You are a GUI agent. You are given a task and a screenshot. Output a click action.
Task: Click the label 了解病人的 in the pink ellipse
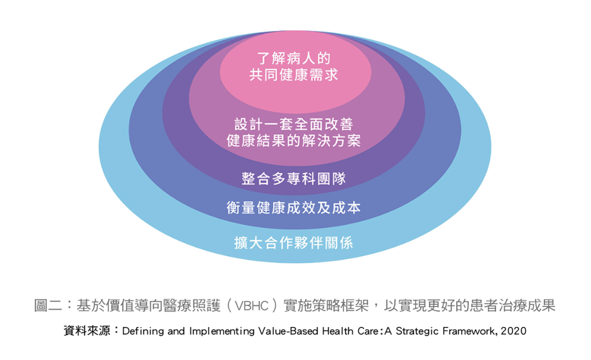click(x=294, y=58)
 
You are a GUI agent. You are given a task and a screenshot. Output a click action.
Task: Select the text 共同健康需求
click(x=294, y=75)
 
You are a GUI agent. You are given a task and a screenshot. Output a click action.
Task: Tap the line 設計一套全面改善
click(x=294, y=124)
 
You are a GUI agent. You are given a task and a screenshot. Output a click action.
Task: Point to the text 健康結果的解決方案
click(x=294, y=140)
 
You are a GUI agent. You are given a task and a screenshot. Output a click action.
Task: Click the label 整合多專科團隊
click(x=294, y=179)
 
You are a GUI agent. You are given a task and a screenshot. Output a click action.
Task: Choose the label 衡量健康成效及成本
click(x=294, y=207)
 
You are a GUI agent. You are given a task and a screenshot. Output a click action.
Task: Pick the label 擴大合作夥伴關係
click(x=294, y=243)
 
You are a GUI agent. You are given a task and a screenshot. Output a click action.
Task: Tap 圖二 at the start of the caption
click(x=48, y=306)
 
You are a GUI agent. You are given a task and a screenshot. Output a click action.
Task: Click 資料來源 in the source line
click(x=87, y=331)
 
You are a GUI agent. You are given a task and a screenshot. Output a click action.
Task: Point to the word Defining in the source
click(x=143, y=331)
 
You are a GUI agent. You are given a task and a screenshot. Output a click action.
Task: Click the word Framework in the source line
click(x=470, y=331)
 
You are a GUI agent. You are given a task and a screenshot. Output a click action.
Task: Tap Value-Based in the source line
click(x=288, y=331)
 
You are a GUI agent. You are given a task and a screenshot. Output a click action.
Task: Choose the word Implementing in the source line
click(x=222, y=331)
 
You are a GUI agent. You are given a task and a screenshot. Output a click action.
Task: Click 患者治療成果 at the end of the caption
click(x=513, y=306)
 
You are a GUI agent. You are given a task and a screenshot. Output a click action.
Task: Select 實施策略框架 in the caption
click(x=326, y=306)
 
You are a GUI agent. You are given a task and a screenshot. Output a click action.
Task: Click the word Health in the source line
click(x=338, y=331)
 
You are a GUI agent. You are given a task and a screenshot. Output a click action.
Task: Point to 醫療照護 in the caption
click(x=192, y=306)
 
